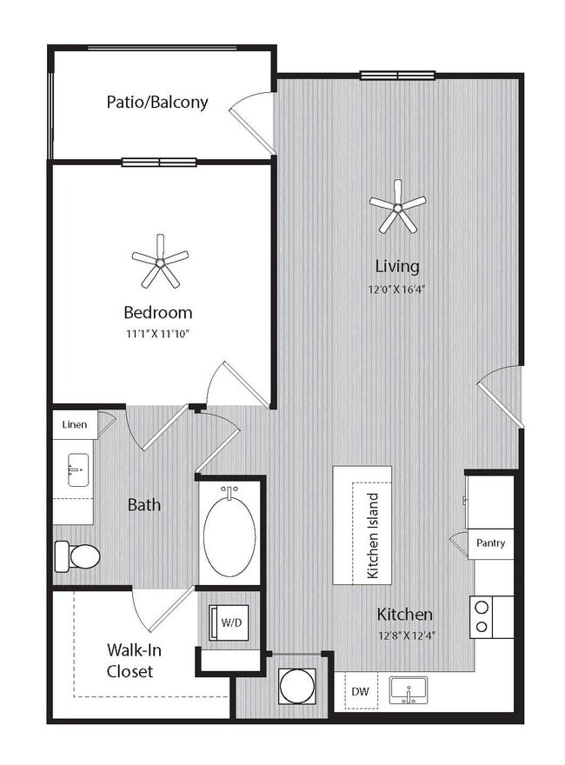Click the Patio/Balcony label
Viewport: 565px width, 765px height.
[157, 102]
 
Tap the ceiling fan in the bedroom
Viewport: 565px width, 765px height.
[160, 261]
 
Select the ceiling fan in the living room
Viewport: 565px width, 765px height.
[397, 206]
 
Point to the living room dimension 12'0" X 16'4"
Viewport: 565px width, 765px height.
[397, 289]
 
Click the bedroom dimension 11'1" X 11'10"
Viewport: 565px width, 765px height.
[157, 333]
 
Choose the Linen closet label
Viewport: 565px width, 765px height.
[74, 424]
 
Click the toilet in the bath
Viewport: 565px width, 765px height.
[76, 555]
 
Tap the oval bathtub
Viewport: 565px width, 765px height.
[229, 532]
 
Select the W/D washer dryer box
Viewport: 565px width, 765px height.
[229, 622]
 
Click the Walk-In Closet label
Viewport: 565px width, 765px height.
[130, 660]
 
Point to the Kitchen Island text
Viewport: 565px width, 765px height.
[372, 536]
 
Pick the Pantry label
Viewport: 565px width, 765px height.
[491, 543]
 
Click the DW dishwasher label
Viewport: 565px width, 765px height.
[361, 692]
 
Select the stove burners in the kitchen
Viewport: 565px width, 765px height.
[480, 616]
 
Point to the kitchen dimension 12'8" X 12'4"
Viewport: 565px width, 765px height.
[405, 635]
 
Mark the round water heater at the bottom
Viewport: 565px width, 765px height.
[296, 686]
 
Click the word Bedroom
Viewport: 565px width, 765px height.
[157, 312]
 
